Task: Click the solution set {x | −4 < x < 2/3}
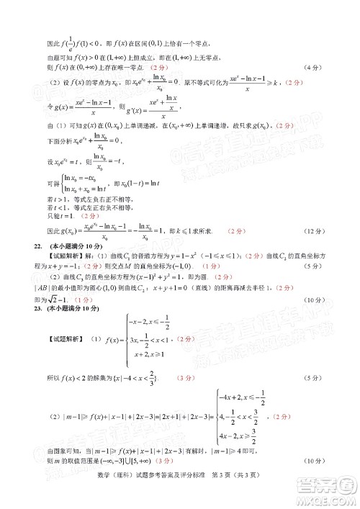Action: click(132, 377)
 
